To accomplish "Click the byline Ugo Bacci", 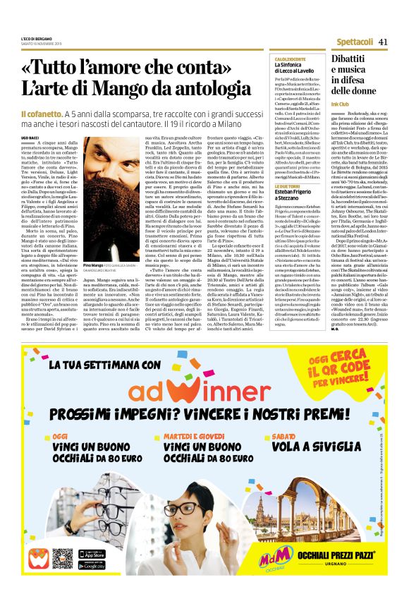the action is tap(30, 138).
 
